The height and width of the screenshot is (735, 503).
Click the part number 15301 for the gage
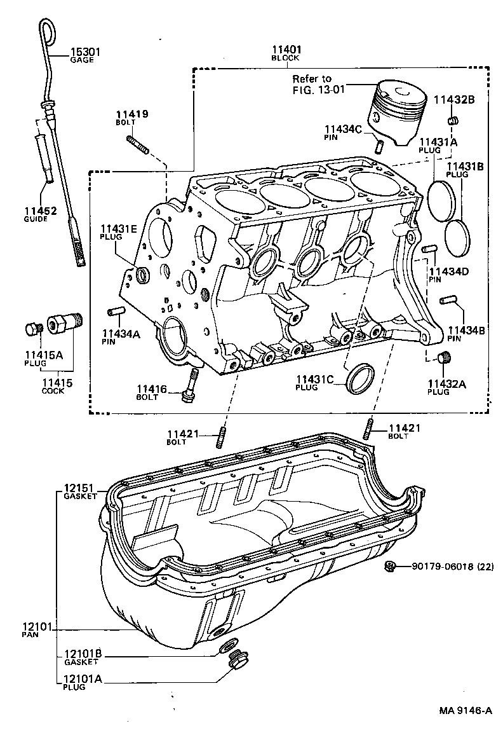point(84,52)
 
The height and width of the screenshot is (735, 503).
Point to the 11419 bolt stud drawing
point(138,145)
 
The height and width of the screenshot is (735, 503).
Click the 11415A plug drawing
point(32,329)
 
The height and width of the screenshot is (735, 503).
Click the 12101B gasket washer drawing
point(225,647)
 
